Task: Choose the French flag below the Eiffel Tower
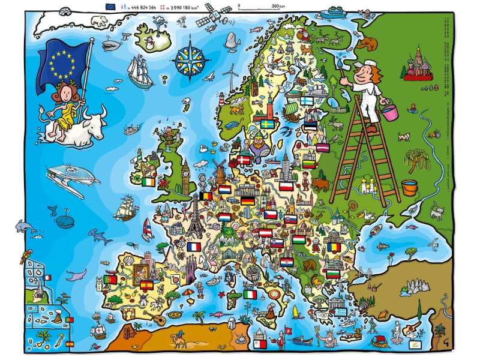click(193, 247)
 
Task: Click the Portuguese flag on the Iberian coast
click(110, 280)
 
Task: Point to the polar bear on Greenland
click(100, 21)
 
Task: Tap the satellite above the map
click(217, 13)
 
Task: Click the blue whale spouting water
click(63, 219)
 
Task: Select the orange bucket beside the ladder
click(409, 187)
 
